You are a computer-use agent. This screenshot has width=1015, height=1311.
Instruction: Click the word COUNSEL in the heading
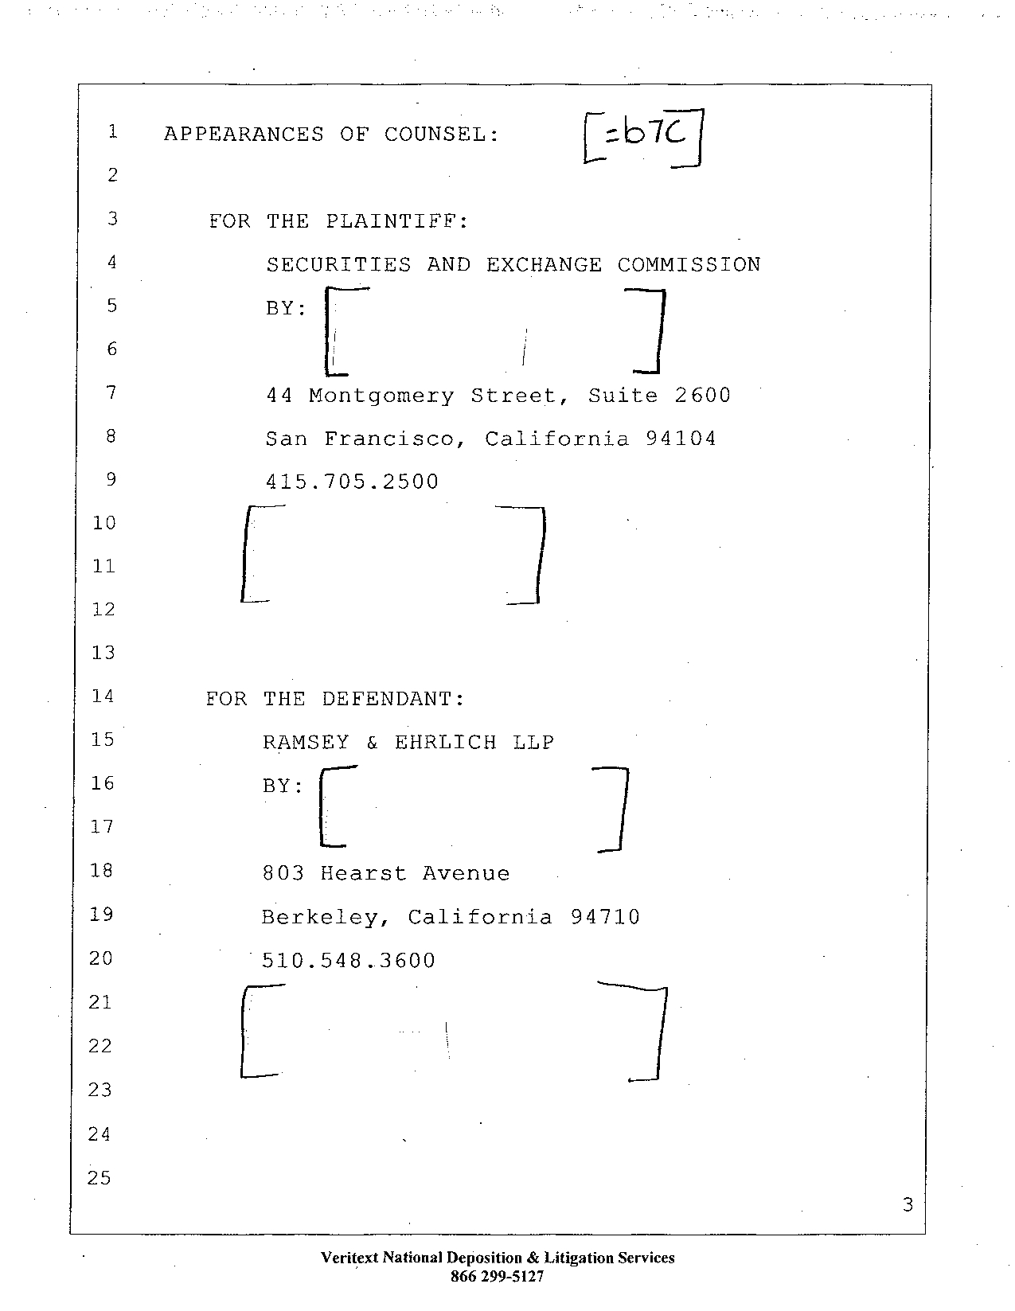click(442, 135)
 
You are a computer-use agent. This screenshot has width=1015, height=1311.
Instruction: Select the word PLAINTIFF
click(397, 221)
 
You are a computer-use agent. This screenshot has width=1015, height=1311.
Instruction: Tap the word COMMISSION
click(689, 265)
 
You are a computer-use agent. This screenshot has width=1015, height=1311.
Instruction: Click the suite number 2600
click(702, 396)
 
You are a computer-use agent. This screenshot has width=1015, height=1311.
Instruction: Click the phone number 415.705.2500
click(352, 482)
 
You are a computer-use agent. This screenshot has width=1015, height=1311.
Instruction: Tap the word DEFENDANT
click(392, 699)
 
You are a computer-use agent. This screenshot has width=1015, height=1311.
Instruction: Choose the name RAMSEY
click(306, 743)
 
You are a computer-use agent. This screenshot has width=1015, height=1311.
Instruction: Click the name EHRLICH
click(445, 743)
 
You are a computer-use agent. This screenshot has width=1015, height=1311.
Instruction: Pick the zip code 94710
click(605, 917)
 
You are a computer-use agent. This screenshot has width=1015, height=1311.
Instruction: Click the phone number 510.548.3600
click(349, 961)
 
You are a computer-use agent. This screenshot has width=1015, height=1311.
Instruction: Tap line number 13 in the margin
click(103, 654)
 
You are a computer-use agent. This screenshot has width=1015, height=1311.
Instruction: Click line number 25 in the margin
click(100, 1178)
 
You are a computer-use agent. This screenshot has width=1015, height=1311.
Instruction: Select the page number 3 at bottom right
click(908, 1205)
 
